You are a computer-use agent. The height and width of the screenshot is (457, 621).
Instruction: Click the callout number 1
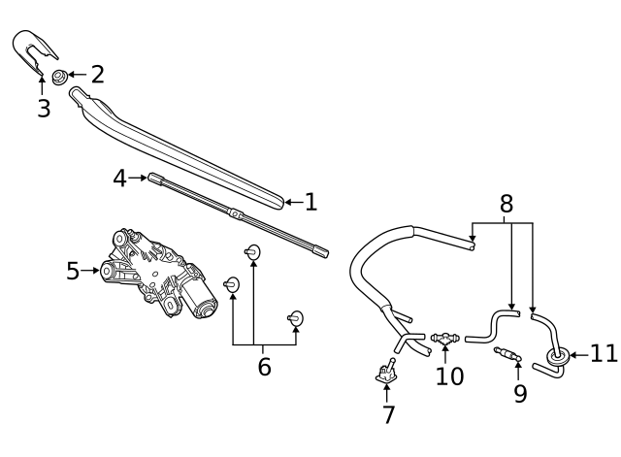[x=311, y=202]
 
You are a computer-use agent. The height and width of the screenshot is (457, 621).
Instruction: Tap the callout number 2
[x=97, y=74]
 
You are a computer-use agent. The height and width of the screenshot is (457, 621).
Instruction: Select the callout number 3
[x=44, y=108]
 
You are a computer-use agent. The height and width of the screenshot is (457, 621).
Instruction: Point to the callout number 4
[x=119, y=178]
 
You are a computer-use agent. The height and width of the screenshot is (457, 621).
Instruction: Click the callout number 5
[x=73, y=271]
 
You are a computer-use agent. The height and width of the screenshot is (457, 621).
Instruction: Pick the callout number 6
[x=265, y=367]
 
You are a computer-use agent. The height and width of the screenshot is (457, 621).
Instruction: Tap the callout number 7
[x=389, y=414]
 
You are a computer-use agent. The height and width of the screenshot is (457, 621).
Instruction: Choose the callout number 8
[x=507, y=204]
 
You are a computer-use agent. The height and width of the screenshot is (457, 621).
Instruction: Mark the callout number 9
[x=520, y=393]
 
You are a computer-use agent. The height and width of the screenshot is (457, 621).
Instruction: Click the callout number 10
[x=449, y=375]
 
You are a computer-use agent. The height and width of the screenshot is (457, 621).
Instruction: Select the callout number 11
[x=604, y=353]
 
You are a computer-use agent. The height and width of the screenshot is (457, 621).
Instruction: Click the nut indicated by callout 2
[x=59, y=76]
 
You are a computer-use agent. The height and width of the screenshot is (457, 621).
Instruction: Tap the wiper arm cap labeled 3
[x=33, y=50]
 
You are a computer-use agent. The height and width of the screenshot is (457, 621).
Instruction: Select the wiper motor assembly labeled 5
[x=158, y=274]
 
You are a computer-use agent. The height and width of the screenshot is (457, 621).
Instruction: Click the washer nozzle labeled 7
[x=386, y=371]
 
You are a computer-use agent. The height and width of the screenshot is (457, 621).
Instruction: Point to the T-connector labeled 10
[x=444, y=339]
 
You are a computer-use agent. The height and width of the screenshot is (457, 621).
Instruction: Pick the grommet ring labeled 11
[x=558, y=356]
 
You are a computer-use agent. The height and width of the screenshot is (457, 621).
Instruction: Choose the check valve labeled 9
[x=507, y=353]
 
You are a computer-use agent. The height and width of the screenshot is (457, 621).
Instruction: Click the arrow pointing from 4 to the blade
[x=137, y=178]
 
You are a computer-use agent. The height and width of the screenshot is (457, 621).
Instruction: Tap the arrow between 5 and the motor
[x=89, y=271]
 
